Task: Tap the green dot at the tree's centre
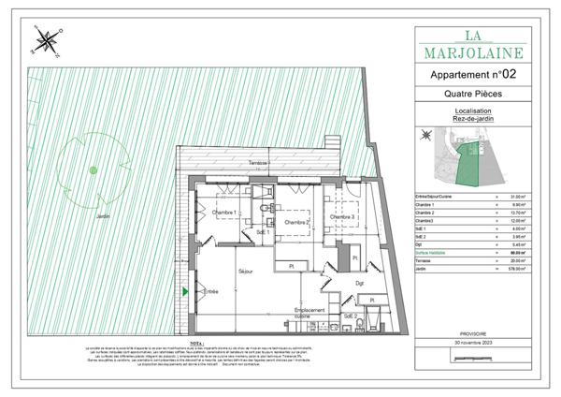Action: pyautogui.click(x=93, y=169)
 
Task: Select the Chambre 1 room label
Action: pyautogui.click(x=222, y=213)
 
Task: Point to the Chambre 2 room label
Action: pyautogui.click(x=295, y=222)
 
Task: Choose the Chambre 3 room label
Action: pyautogui.click(x=341, y=217)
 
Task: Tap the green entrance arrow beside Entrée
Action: pyautogui.click(x=186, y=293)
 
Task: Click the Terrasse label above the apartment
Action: pyautogui.click(x=259, y=164)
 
